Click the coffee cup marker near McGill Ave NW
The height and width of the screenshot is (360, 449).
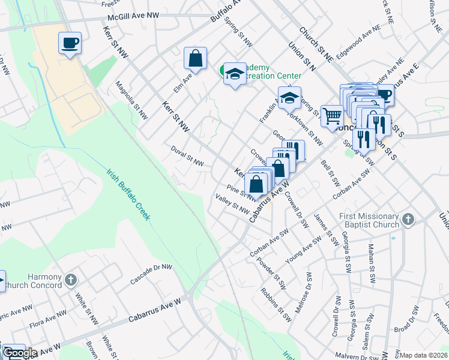(70, 43)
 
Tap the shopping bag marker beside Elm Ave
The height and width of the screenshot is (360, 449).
(195, 59)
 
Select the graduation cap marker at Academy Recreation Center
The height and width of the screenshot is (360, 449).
(234, 74)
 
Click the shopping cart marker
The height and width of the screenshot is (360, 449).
(332, 115)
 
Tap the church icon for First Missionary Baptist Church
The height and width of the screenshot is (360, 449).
(408, 220)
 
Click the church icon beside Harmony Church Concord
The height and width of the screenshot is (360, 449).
(70, 280)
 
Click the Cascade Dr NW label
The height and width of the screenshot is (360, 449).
(152, 275)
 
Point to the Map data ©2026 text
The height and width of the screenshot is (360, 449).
(423, 355)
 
